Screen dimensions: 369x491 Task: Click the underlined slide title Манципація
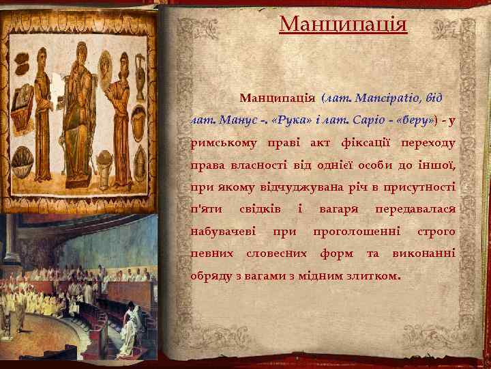pos(343,25)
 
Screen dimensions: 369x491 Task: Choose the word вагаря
pos(337,209)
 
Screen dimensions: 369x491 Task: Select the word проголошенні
pos(356,232)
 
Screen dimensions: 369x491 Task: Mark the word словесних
pos(271,254)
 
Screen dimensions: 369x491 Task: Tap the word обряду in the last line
pos(211,276)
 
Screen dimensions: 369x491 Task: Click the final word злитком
pos(374,276)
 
